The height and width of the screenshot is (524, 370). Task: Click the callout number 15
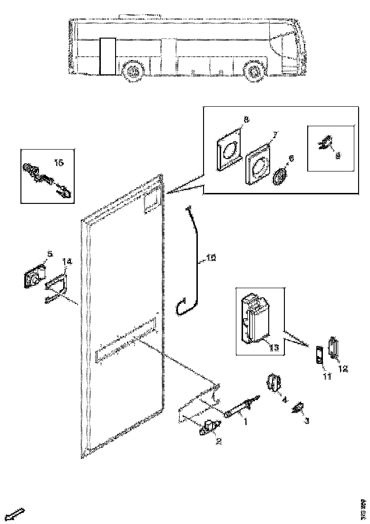point(59,163)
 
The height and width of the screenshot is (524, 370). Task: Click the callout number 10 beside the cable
point(211,259)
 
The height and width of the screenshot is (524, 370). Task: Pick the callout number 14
point(67,261)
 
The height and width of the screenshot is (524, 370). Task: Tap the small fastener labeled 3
point(298,409)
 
